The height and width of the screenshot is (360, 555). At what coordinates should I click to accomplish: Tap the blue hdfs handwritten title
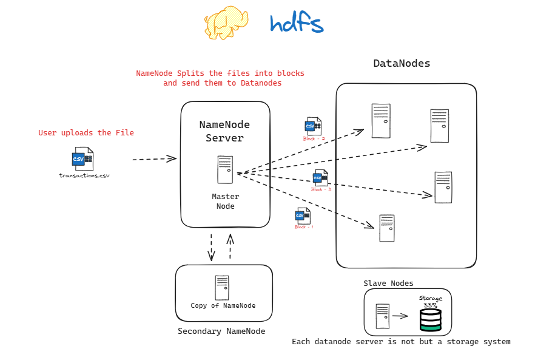pos(297,23)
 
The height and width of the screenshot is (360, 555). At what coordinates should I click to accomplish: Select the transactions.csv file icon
pos(82,160)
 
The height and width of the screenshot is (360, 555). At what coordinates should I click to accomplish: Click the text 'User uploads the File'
pos(86,133)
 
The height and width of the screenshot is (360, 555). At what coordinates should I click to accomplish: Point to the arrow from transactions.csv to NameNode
pos(154,159)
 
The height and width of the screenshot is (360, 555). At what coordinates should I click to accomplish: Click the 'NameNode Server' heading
pos(224,131)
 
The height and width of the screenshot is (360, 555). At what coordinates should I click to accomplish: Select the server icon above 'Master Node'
pos(224,169)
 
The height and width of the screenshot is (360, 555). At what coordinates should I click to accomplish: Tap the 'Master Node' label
pos(225,201)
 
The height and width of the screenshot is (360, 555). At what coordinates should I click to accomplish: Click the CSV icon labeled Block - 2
pos(313,126)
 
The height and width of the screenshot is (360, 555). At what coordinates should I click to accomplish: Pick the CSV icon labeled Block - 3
pos(320,178)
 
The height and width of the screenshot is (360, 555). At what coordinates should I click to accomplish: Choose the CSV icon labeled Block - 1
pos(303,216)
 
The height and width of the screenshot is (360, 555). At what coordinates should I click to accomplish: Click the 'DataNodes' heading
pos(402,63)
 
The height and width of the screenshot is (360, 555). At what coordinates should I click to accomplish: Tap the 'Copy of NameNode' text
pos(223,305)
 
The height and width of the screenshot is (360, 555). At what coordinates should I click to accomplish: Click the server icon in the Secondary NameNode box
pos(222,287)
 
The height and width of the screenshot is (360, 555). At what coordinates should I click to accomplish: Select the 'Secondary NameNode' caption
pos(221,331)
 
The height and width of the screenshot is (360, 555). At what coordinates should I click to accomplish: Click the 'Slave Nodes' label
pos(388,283)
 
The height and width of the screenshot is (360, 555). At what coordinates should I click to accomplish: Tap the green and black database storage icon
pos(430,320)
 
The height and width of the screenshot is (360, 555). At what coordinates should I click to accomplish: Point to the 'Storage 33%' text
pos(431,301)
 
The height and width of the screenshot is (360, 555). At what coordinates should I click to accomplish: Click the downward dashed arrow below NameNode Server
pos(211,246)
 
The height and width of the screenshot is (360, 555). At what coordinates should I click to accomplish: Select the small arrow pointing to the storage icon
pos(401,316)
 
